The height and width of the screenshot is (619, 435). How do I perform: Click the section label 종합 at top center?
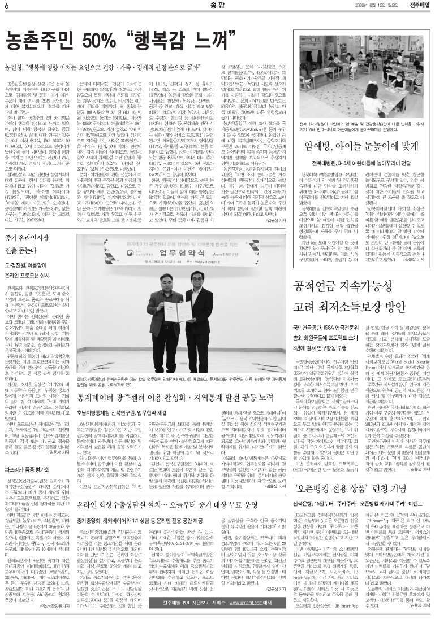216,6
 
